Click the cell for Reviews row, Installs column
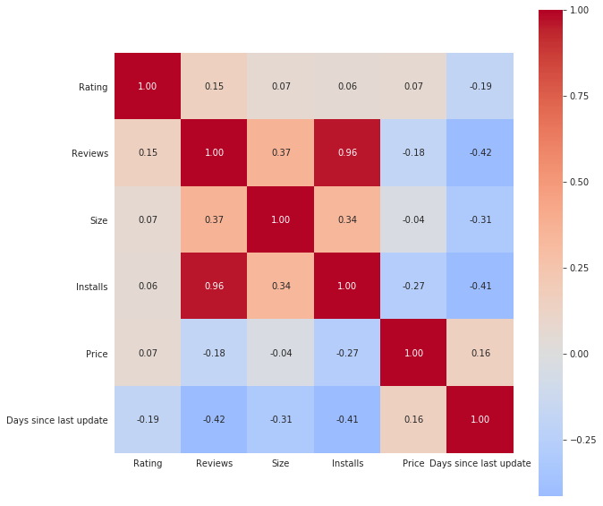point(347,153)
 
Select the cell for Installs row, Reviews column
point(214,287)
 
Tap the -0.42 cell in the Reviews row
point(480,153)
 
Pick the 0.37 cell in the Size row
point(214,219)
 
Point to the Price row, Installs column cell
point(347,353)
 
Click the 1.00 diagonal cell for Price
point(414,353)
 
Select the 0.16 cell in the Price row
point(480,353)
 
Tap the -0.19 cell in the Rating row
point(480,87)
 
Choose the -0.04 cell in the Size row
point(414,219)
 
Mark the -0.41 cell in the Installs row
point(480,287)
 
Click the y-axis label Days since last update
point(57,420)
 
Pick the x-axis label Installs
point(347,463)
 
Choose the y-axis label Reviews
point(89,153)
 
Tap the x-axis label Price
point(413,463)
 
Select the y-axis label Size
point(98,220)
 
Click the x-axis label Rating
point(148,463)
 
